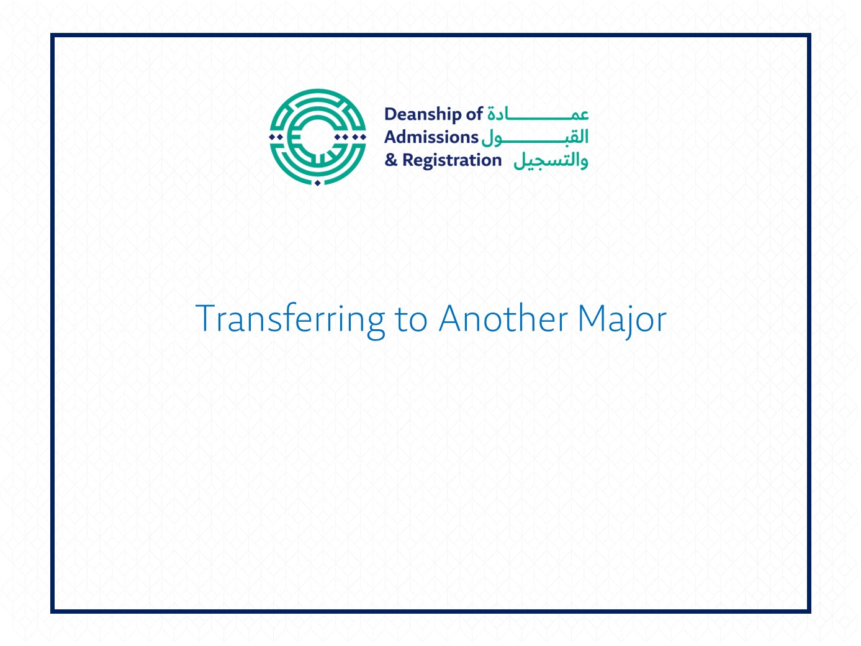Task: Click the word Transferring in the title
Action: [x=291, y=321]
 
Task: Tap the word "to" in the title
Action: [x=411, y=319]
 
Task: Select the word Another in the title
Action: [x=503, y=318]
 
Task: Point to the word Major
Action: [x=622, y=321]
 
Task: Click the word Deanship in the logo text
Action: [x=423, y=115]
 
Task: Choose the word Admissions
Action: [x=431, y=137]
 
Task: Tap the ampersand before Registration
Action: [x=391, y=160]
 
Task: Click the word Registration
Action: [x=452, y=161]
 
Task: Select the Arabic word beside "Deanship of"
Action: [x=538, y=114]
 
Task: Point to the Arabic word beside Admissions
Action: [x=535, y=138]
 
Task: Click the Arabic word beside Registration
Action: [x=551, y=161]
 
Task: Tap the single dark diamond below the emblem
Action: [x=318, y=183]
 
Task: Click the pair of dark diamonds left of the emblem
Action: [x=276, y=137]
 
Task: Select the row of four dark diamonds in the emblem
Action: [x=350, y=137]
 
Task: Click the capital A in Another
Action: [x=452, y=318]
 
